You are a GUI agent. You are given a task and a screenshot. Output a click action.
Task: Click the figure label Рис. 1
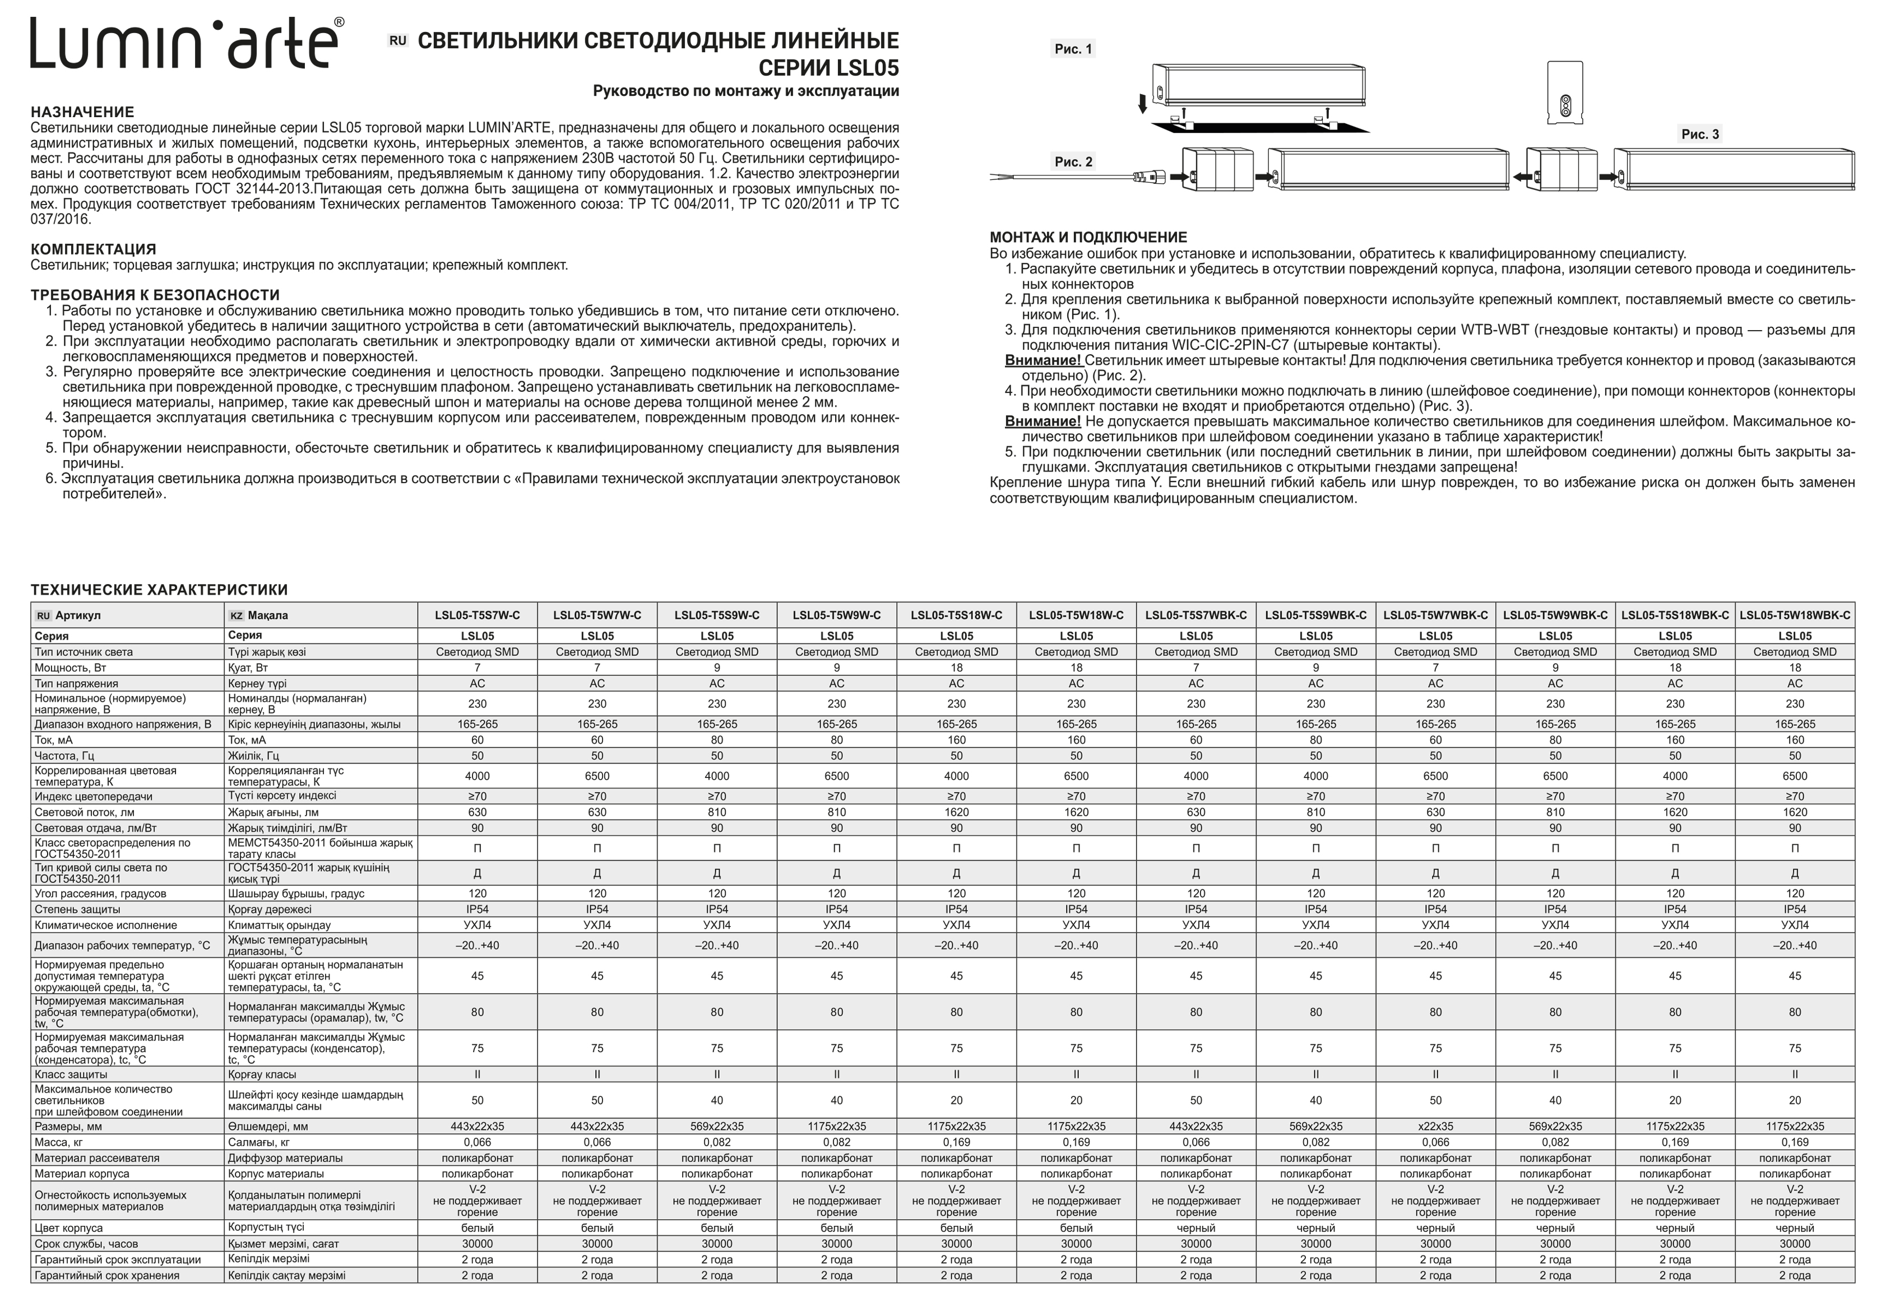[1073, 49]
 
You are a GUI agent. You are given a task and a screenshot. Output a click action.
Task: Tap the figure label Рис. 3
[1699, 134]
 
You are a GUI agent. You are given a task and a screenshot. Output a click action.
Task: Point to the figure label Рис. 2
[1073, 162]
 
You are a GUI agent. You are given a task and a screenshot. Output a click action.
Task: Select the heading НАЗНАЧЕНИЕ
[82, 112]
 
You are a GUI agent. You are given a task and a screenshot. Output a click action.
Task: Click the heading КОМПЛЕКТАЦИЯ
[93, 249]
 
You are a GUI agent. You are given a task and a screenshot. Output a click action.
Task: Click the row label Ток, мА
[54, 740]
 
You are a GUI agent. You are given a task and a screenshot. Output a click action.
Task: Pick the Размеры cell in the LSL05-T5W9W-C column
[836, 1127]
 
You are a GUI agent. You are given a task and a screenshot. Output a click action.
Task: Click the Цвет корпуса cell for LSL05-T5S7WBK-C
[1195, 1228]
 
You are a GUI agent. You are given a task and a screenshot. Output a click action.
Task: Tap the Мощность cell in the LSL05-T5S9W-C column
[717, 668]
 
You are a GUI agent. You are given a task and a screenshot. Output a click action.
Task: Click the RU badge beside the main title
[397, 40]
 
